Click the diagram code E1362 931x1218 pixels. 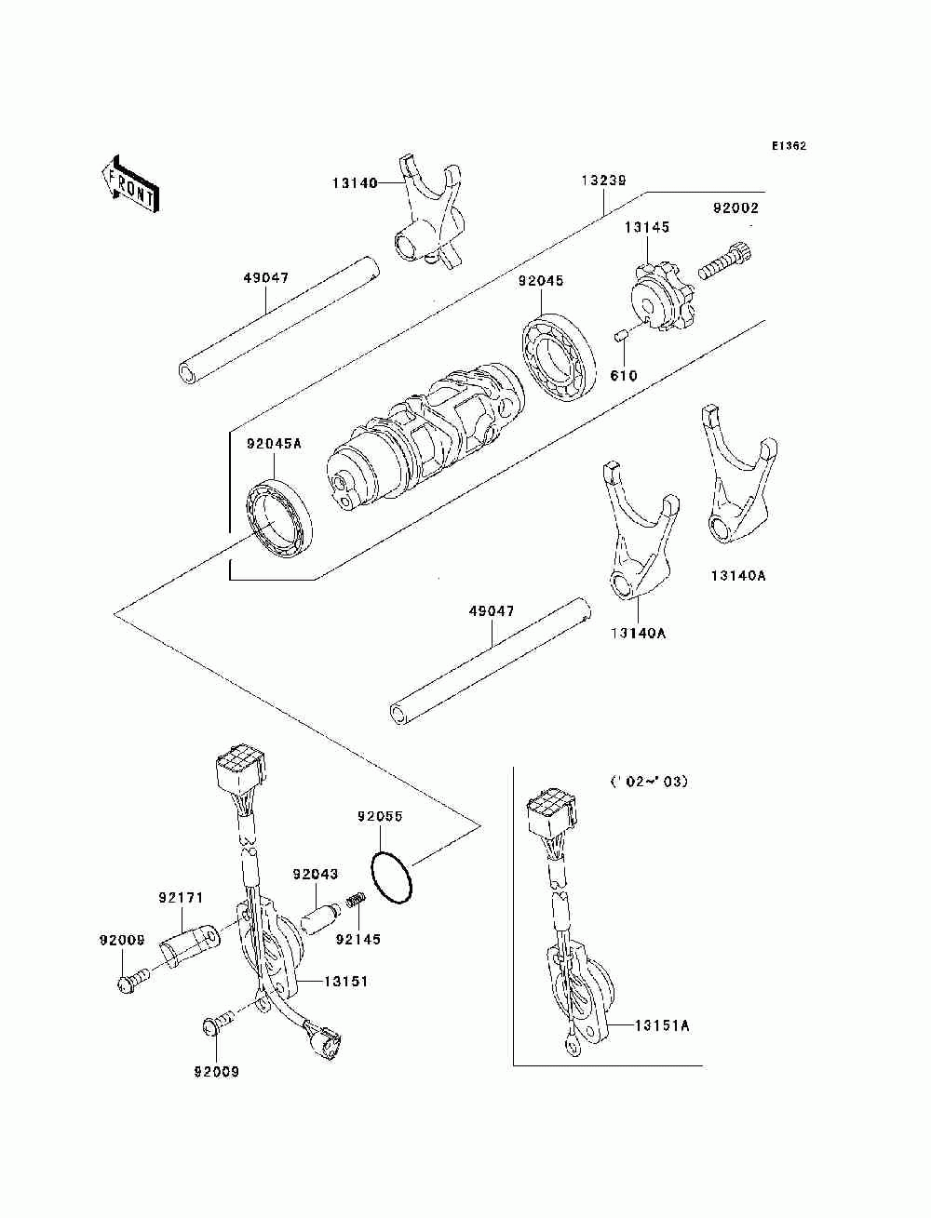[788, 146]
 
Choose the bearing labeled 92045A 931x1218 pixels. [279, 521]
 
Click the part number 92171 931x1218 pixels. [181, 898]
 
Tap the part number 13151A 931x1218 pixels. [663, 1025]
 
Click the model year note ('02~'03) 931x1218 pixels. [649, 782]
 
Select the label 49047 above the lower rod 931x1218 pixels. [491, 612]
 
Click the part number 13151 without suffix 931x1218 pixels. [346, 982]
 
